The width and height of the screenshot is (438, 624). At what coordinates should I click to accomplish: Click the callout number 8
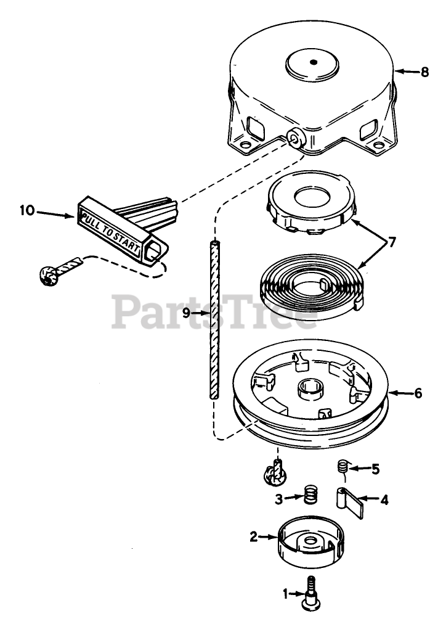(424, 72)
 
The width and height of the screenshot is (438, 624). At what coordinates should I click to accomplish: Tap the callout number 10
(26, 211)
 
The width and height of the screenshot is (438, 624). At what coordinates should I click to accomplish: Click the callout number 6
(418, 393)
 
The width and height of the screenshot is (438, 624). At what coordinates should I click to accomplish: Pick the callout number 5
(376, 469)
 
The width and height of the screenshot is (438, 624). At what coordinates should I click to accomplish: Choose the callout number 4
(384, 500)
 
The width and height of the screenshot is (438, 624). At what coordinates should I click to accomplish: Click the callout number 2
(253, 536)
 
